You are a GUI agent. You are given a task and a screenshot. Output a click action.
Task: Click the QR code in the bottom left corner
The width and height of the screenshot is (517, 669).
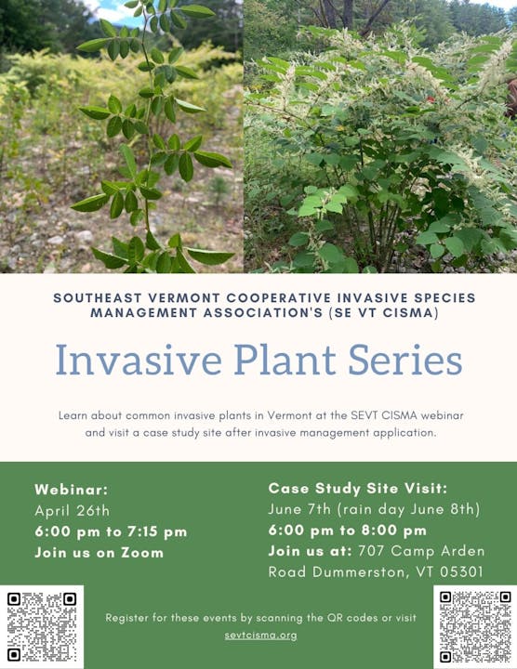point(42,625)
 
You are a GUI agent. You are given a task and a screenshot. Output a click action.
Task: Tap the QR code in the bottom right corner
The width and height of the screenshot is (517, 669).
point(474,625)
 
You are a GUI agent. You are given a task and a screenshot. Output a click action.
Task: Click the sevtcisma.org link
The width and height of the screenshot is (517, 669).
point(260,635)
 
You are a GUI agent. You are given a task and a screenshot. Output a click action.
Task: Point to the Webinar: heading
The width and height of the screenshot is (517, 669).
point(72,489)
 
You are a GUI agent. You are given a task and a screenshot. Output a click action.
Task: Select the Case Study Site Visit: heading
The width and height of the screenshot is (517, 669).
point(358,488)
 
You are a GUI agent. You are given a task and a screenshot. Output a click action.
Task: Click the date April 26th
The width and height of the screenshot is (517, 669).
point(72,510)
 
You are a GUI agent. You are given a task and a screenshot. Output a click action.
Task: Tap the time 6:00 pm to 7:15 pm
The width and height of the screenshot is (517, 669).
point(111,531)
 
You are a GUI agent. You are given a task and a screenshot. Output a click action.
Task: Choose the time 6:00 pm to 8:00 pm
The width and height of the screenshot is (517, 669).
point(348,530)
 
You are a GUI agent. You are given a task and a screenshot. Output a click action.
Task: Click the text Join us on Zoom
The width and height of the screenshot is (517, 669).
point(99,553)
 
